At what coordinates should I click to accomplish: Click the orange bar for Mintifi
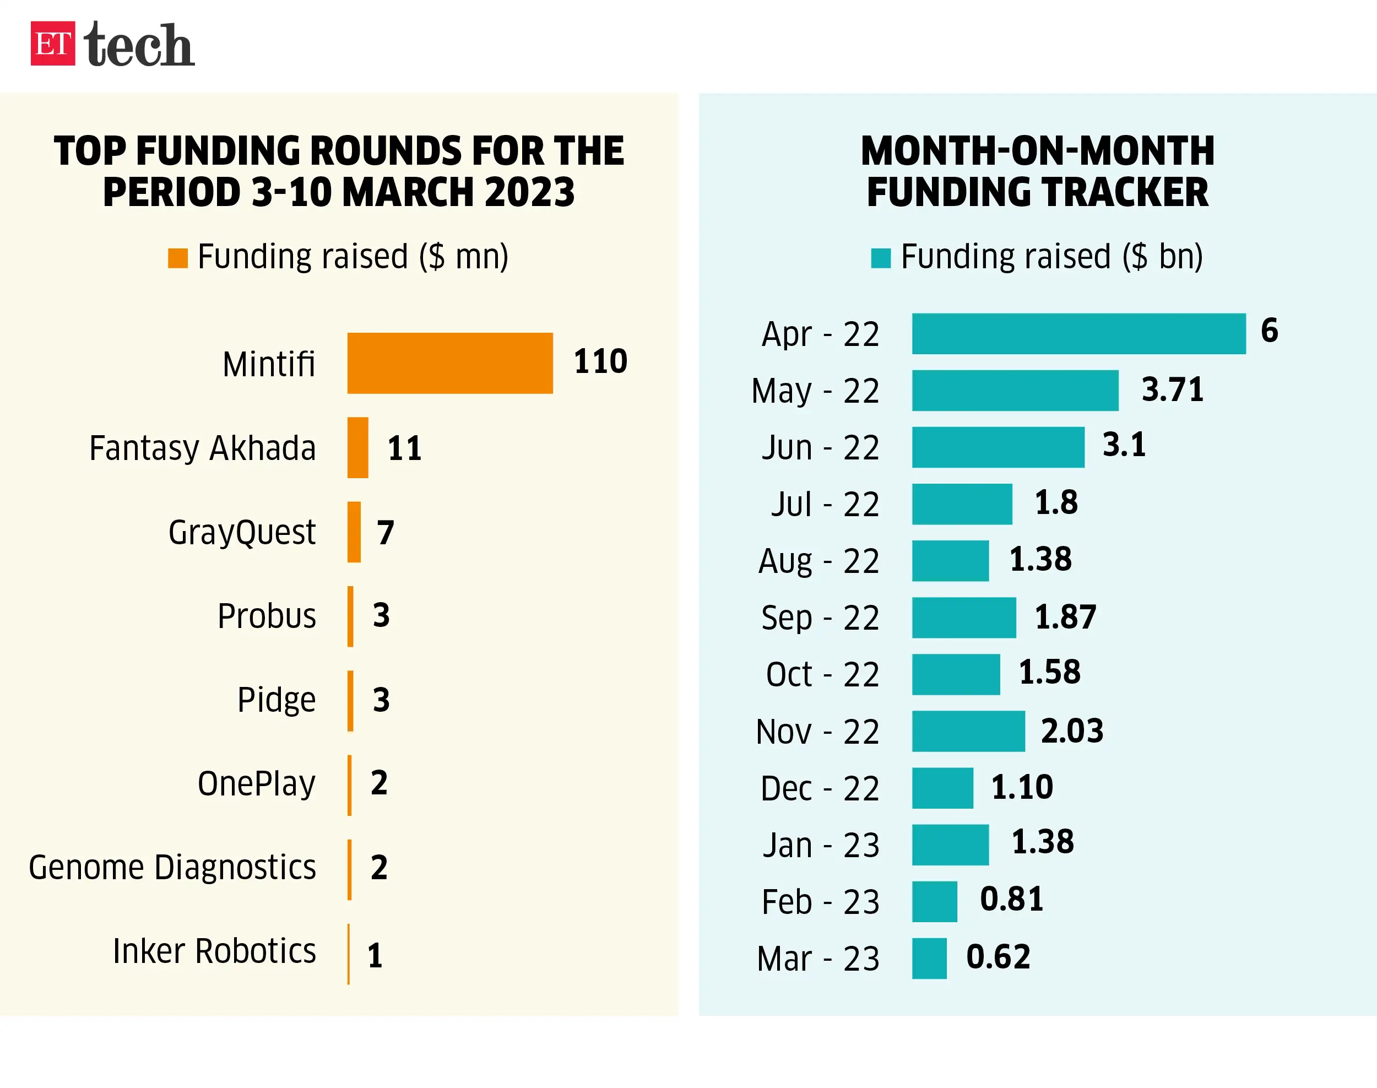coord(449,363)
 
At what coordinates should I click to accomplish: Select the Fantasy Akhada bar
coord(357,448)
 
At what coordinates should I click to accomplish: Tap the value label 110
coord(600,361)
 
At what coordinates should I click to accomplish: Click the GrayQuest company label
coord(242,533)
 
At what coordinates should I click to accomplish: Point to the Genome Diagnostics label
coord(172,868)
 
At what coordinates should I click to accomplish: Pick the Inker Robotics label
coord(215,952)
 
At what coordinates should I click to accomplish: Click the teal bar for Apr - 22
coord(1078,334)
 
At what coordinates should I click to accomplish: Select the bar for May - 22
coord(1015,391)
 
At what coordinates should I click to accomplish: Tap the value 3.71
coord(1173,389)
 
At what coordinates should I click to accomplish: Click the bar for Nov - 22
coord(968,731)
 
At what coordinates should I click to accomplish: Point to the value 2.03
coord(1072,730)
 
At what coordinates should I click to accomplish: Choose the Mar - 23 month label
coord(818,959)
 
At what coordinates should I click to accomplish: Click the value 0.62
coord(998,957)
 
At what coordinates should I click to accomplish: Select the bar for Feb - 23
coord(934,902)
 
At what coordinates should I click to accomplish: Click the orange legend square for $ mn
coord(178,258)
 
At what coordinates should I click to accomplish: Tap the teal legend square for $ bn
coord(881,258)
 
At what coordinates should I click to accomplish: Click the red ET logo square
coord(53,44)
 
